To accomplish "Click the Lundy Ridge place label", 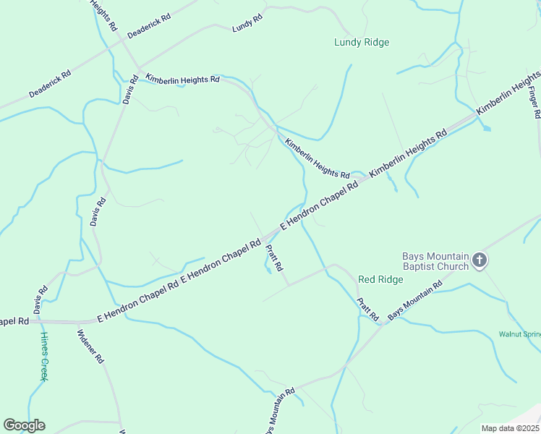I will pyautogui.click(x=362, y=43).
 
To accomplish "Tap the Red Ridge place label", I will pyautogui.click(x=380, y=279).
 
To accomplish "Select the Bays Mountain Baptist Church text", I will pyautogui.click(x=435, y=260).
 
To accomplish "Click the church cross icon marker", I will pyautogui.click(x=480, y=260).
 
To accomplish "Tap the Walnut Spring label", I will pyautogui.click(x=519, y=334).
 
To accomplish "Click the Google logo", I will pyautogui.click(x=24, y=425).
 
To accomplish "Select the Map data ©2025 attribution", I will pyautogui.click(x=509, y=428).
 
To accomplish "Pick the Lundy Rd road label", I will pyautogui.click(x=247, y=24).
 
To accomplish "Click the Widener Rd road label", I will pyautogui.click(x=91, y=347).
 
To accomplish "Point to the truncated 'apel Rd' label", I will pyautogui.click(x=14, y=320).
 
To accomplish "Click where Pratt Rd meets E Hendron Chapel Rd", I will pyautogui.click(x=263, y=239).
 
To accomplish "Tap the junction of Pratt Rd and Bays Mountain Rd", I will pyautogui.click(x=382, y=323).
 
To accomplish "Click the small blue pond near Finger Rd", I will pyautogui.click(x=486, y=128).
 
